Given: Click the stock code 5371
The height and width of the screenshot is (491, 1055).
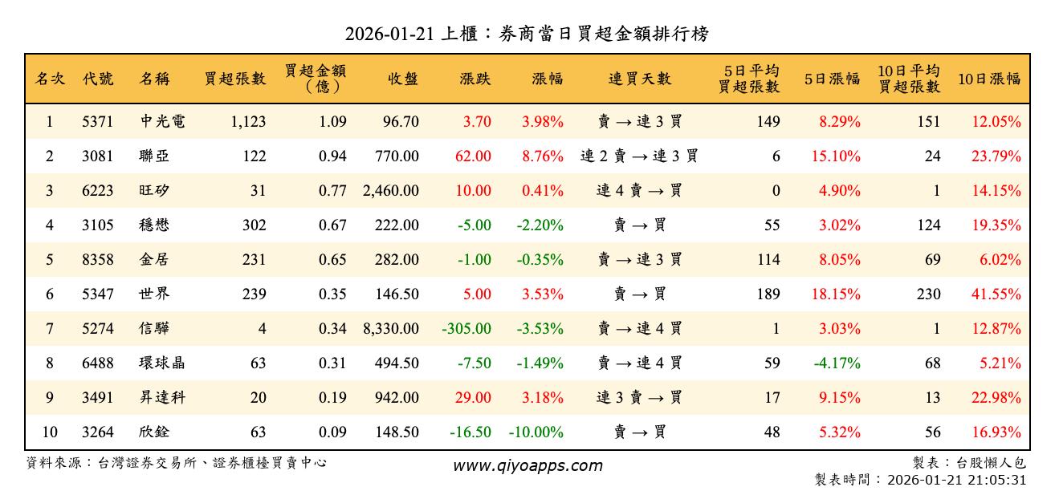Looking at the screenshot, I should (97, 122).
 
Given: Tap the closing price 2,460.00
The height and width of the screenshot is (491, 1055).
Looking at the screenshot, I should (390, 191).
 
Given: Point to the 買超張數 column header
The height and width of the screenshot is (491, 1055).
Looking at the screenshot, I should (234, 79).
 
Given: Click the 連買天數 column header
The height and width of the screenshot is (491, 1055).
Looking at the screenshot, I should (639, 79).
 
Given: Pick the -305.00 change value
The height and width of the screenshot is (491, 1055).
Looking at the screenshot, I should (466, 328).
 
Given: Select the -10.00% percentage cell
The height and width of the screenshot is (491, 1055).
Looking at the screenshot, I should (536, 432).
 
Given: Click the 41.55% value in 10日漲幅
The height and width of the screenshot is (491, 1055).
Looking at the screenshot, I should (996, 294).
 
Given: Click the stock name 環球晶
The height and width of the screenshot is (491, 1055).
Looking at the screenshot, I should (162, 363).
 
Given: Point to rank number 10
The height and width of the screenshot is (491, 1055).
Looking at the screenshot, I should (50, 432).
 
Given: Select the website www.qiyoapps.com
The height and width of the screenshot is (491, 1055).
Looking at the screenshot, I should (527, 465).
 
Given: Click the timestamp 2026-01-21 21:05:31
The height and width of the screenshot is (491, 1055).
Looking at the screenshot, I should (956, 480).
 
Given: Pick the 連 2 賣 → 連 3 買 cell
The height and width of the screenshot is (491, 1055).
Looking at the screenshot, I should (639, 156).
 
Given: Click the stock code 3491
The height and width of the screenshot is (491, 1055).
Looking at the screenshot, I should (97, 397).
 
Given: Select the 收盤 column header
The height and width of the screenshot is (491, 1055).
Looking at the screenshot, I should (402, 79).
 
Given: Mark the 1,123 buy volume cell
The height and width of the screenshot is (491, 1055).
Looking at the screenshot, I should (247, 122).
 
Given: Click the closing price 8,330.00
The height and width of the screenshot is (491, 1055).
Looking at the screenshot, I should (390, 328).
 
